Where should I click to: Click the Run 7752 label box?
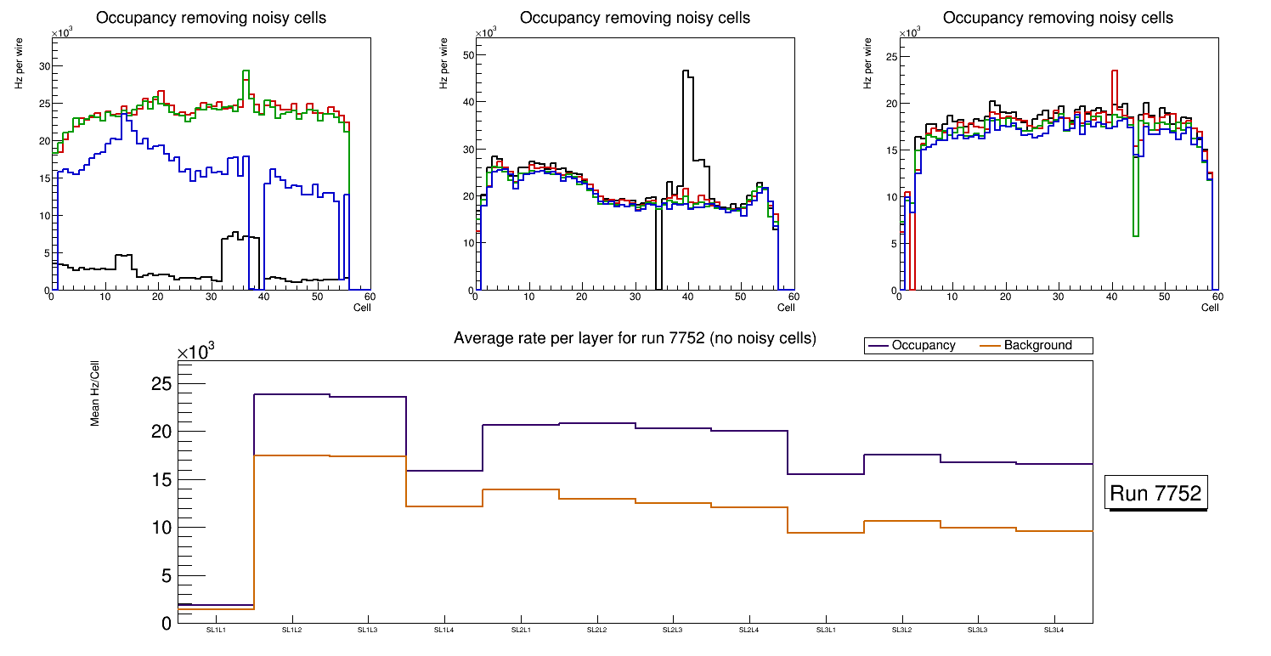1158,494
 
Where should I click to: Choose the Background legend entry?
1037,346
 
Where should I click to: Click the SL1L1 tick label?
216,631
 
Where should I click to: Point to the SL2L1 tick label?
521,631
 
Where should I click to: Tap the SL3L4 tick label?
1054,631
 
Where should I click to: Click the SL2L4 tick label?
749,631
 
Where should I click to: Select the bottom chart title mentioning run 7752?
635,338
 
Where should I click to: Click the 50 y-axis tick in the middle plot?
466,55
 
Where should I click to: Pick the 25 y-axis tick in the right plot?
891,56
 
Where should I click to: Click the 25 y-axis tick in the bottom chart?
161,384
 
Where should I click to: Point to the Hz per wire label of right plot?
868,68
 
